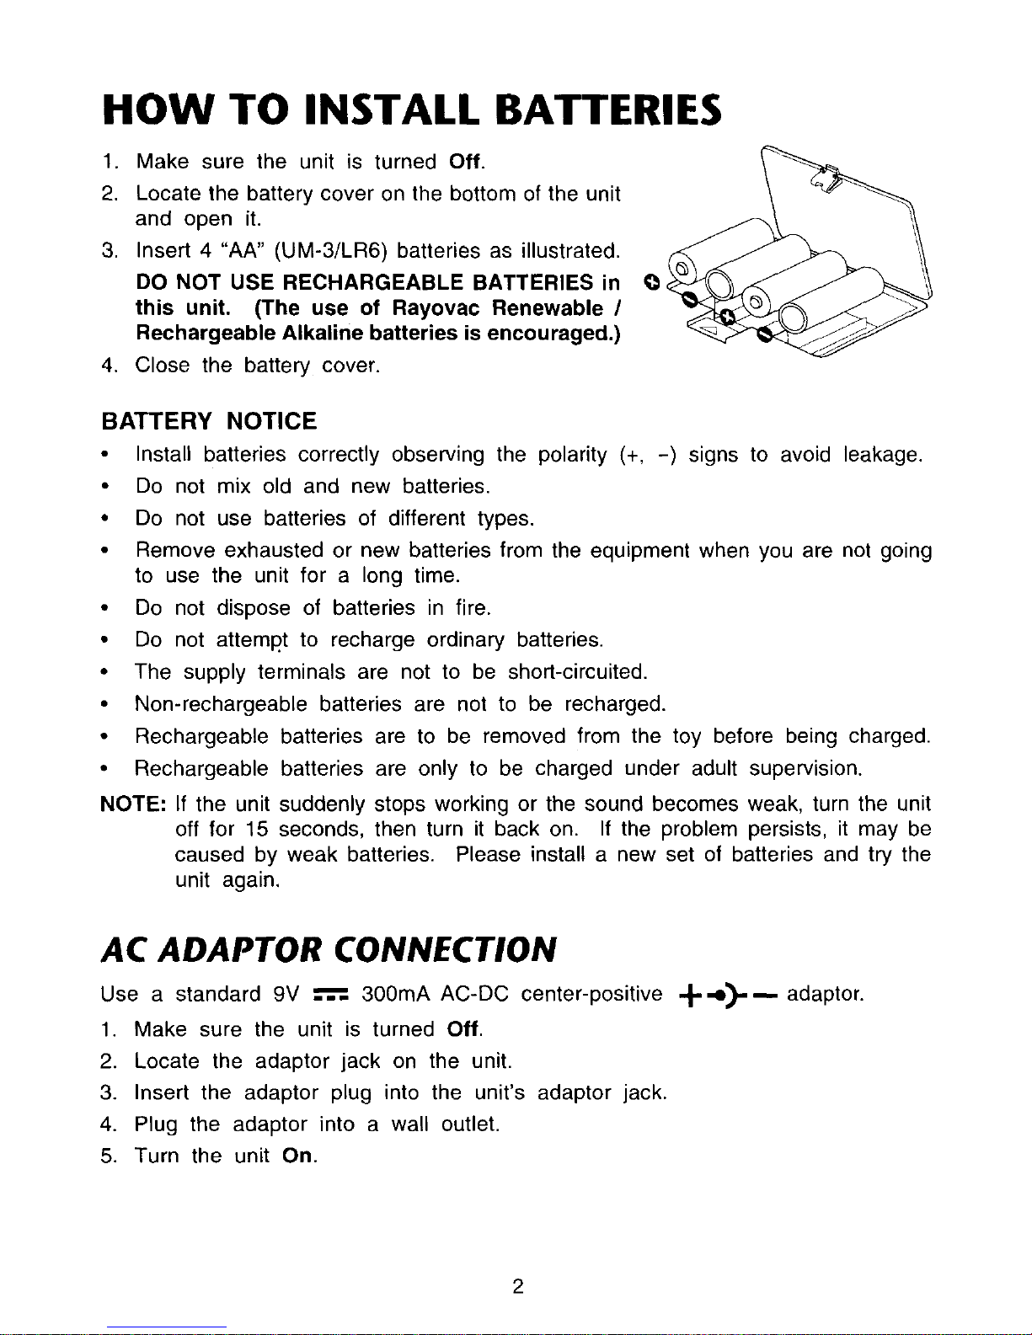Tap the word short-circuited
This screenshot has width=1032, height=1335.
coord(577,671)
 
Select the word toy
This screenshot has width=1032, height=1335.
coord(687,736)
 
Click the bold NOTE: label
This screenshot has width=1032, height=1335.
coord(134,802)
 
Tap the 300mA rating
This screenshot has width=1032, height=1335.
coord(395,995)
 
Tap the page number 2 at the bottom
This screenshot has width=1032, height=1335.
coord(518,1286)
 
